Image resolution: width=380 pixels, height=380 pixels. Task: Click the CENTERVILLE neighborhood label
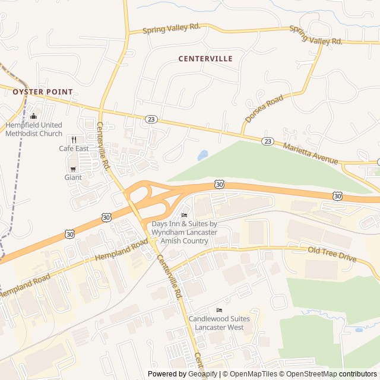coord(205,59)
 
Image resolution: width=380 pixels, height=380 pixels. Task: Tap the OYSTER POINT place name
coord(43,92)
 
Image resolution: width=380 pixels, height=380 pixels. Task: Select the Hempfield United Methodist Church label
coord(34,129)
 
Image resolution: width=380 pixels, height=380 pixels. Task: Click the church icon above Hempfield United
coord(33,116)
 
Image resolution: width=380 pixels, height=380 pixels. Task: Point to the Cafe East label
coord(74,148)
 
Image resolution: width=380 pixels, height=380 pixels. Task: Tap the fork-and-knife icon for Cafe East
coord(74,140)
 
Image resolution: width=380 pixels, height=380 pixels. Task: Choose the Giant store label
coord(73,177)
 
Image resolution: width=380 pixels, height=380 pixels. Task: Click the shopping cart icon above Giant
coord(73,169)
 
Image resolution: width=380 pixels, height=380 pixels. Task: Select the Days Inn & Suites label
coord(184,232)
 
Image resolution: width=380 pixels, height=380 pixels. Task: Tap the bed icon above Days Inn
coord(184,216)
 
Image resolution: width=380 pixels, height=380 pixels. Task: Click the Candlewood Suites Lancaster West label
coord(219,323)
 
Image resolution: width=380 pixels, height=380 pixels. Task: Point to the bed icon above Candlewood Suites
coord(219,311)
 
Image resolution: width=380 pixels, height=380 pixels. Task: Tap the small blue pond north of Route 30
coord(203,156)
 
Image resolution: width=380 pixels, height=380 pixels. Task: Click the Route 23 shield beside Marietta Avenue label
coord(268,141)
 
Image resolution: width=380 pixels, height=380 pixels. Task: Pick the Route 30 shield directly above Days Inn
coord(219,185)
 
